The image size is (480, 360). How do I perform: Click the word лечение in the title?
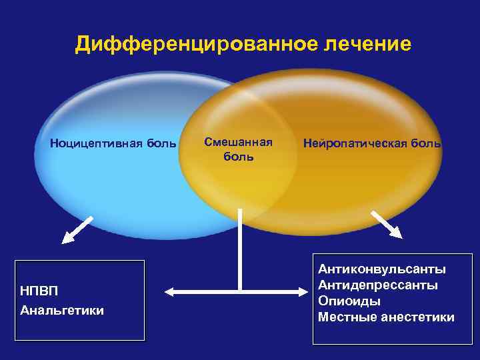368,45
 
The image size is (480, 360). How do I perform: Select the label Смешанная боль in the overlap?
238,149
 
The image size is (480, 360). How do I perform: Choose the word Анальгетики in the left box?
62,311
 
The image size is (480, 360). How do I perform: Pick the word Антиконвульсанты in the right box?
381,269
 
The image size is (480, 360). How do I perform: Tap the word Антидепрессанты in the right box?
378,285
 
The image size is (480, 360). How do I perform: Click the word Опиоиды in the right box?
349,301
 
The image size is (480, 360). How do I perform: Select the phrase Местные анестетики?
386,317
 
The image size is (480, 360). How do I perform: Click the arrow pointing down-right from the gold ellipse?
387,224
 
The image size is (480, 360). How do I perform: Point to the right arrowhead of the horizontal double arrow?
307,291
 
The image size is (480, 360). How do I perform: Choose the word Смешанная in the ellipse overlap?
238,142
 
